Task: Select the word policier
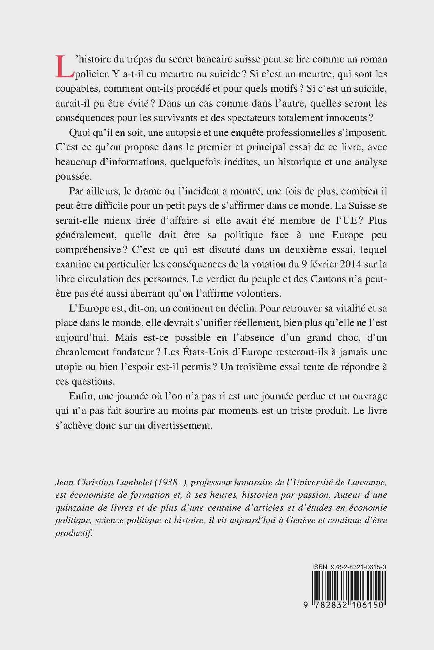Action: coord(92,74)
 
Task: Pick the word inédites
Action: coord(239,162)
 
